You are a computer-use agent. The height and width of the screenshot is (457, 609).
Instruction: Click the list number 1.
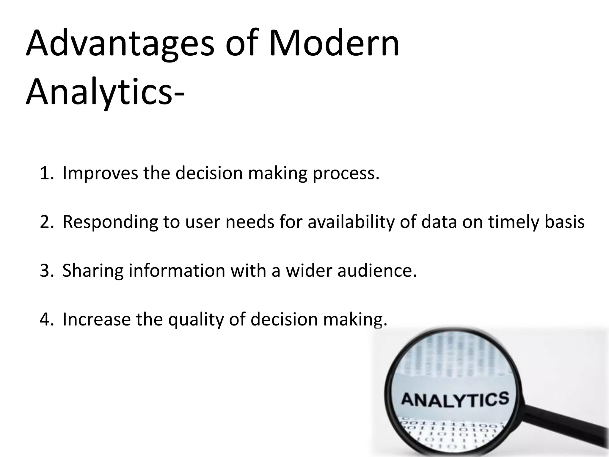pos(46,173)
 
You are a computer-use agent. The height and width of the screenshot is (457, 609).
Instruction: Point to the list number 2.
pos(46,222)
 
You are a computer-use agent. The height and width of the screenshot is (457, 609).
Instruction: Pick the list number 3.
pos(46,271)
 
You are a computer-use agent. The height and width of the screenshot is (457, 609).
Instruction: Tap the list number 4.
pos(46,319)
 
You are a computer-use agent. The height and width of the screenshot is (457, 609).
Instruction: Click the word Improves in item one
pos(100,173)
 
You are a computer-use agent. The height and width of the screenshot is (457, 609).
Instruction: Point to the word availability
pos(351,222)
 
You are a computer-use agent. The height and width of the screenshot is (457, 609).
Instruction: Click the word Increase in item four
pos(96,319)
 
